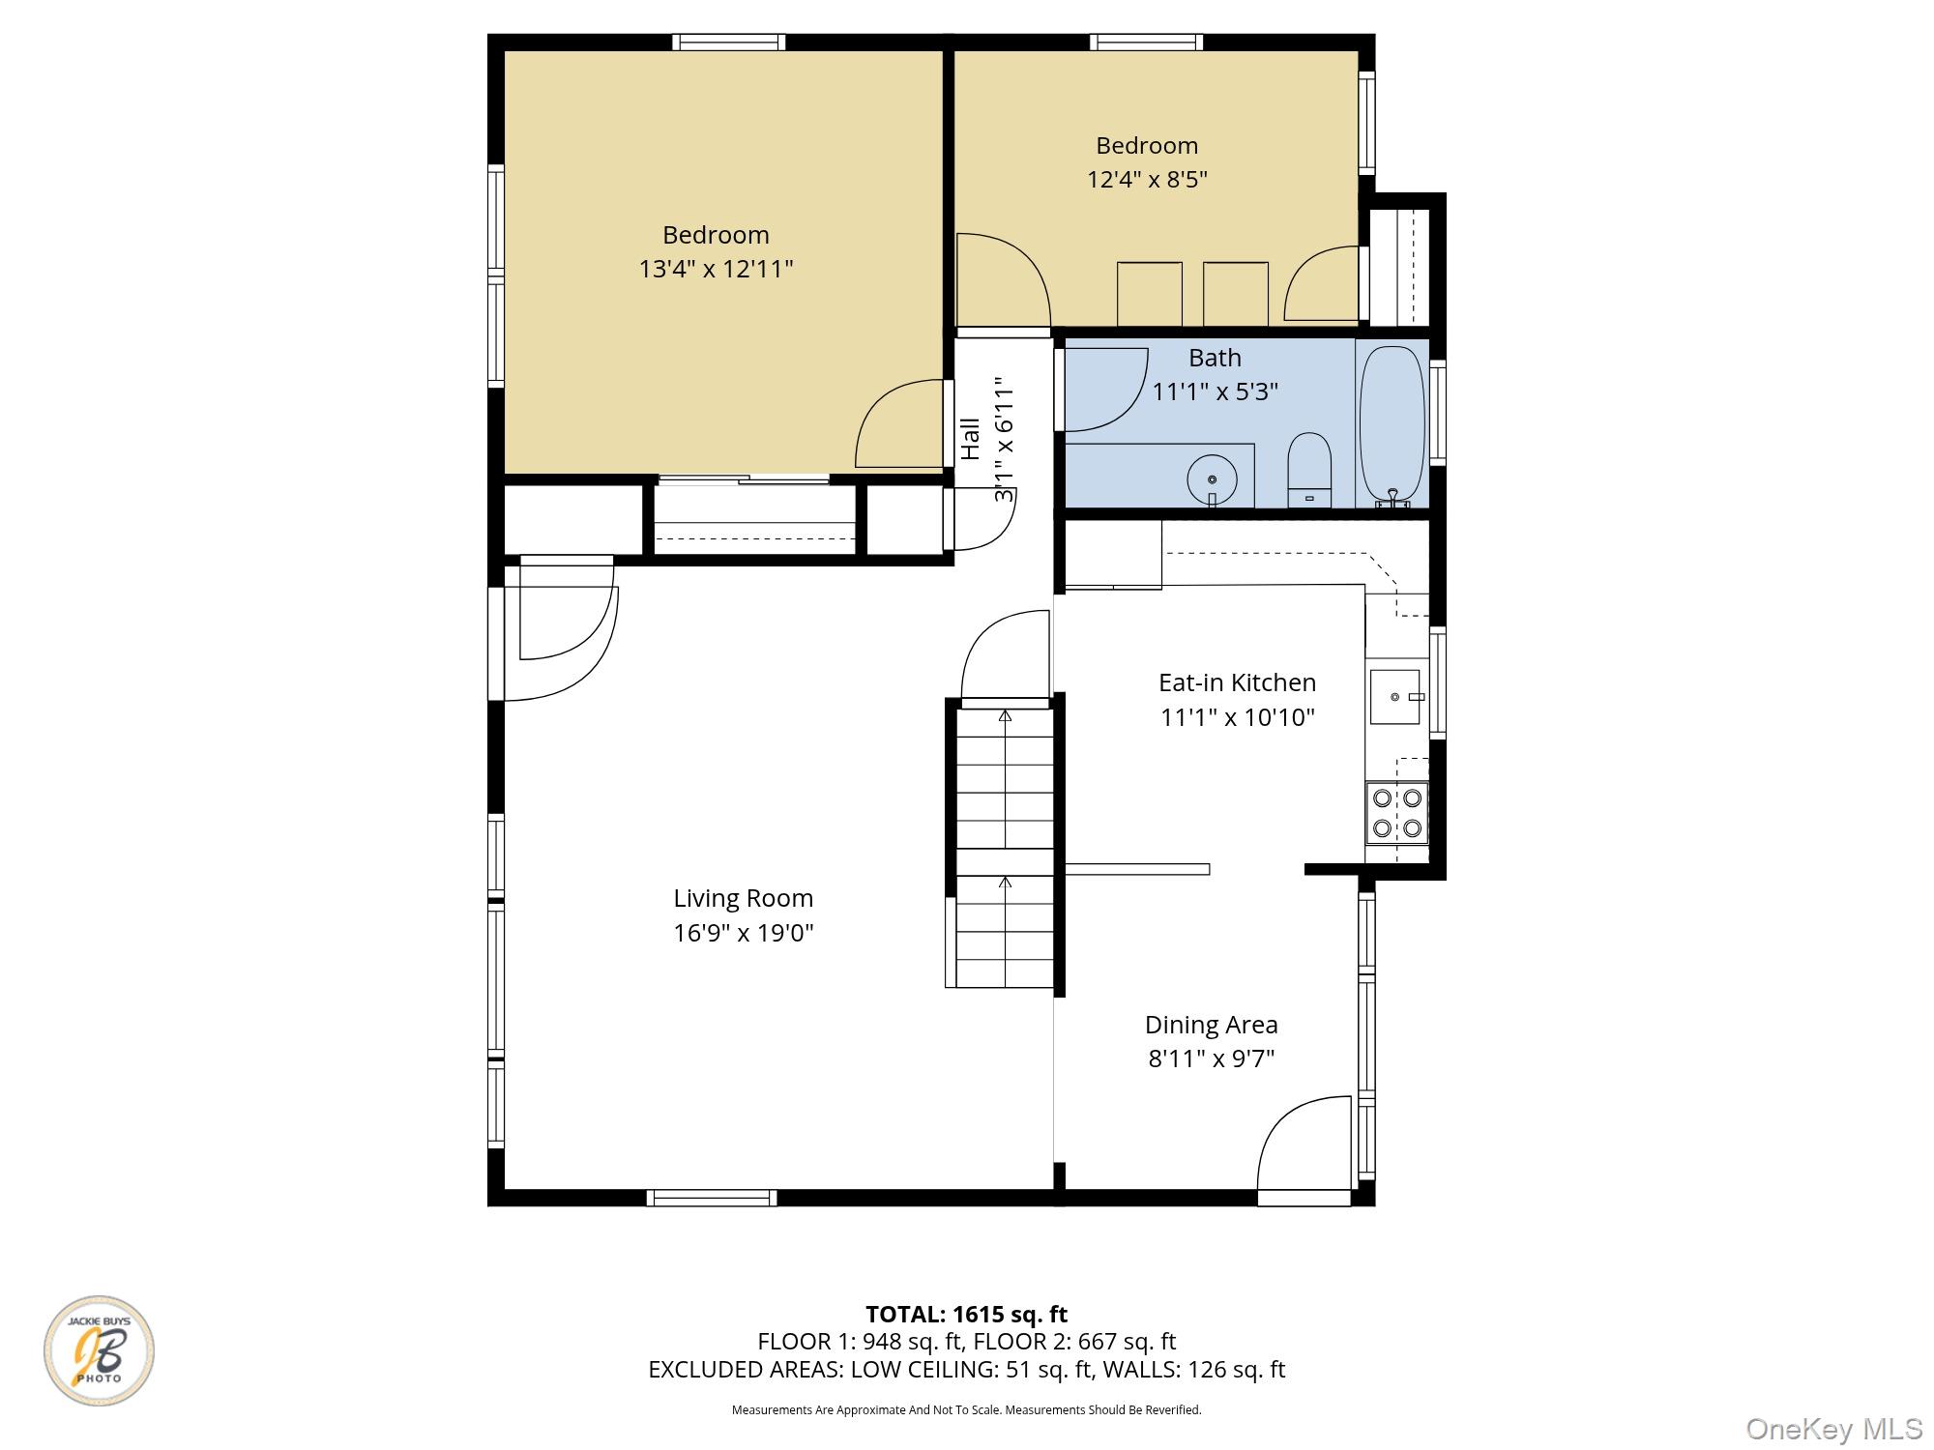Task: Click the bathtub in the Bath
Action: pyautogui.click(x=1392, y=426)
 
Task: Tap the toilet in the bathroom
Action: pyautogui.click(x=1309, y=469)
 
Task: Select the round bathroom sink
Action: pyautogui.click(x=1213, y=478)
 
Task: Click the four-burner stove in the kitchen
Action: pyautogui.click(x=1397, y=812)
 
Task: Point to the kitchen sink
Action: pyautogui.click(x=1394, y=697)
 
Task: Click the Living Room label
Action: pyautogui.click(x=743, y=898)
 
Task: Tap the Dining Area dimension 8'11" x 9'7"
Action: pyautogui.click(x=1211, y=1058)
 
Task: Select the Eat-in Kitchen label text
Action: pyautogui.click(x=1237, y=682)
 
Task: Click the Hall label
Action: pyautogui.click(x=971, y=439)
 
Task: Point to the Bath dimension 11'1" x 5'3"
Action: pyautogui.click(x=1215, y=391)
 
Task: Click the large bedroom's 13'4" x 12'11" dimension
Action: pyautogui.click(x=716, y=269)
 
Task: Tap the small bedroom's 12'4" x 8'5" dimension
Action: pyautogui.click(x=1147, y=180)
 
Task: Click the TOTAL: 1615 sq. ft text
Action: pyautogui.click(x=966, y=1315)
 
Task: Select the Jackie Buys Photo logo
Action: pyautogui.click(x=99, y=1350)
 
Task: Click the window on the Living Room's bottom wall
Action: pyautogui.click(x=712, y=1198)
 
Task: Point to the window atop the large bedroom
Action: pyautogui.click(x=728, y=42)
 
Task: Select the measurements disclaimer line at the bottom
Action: pyautogui.click(x=966, y=1410)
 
